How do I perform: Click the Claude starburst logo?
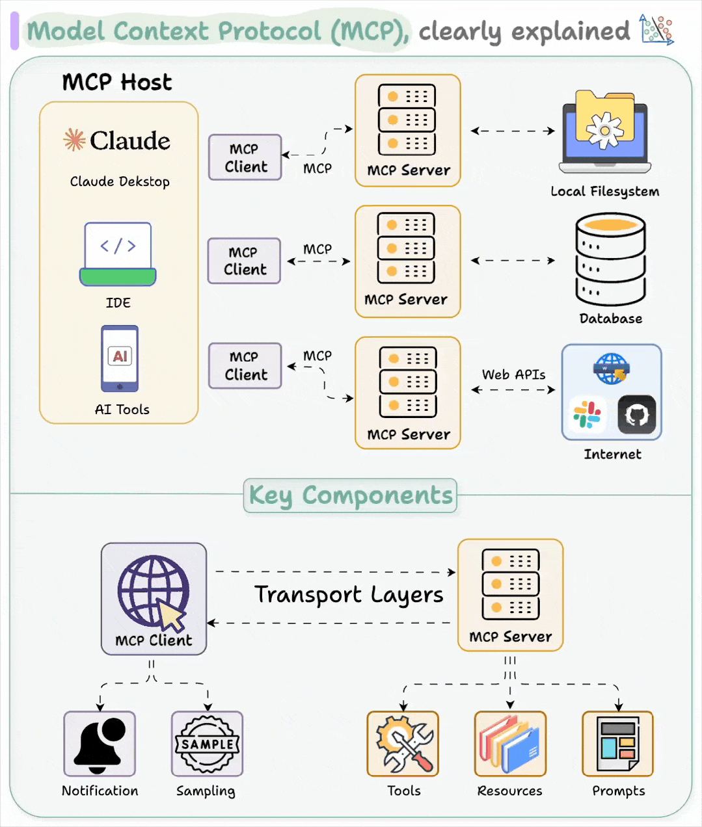(x=74, y=140)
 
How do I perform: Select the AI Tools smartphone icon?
(x=120, y=358)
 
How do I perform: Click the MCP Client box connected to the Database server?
(x=244, y=261)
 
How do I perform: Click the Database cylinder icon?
(x=610, y=259)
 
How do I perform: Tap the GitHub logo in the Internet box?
(x=636, y=414)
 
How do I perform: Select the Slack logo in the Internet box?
(x=587, y=415)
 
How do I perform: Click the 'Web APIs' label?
(x=513, y=374)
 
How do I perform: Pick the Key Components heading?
(x=350, y=495)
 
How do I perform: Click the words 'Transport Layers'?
(x=349, y=595)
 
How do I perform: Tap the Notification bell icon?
(x=100, y=744)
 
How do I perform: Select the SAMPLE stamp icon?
(x=207, y=744)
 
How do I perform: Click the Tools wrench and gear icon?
(x=403, y=744)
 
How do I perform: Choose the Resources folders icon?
(x=510, y=744)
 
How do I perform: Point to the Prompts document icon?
(x=617, y=744)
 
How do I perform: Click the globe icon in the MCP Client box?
(x=154, y=590)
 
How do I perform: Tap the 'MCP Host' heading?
(x=117, y=83)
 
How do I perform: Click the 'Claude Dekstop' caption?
(x=120, y=181)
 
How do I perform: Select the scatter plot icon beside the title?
(x=656, y=29)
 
